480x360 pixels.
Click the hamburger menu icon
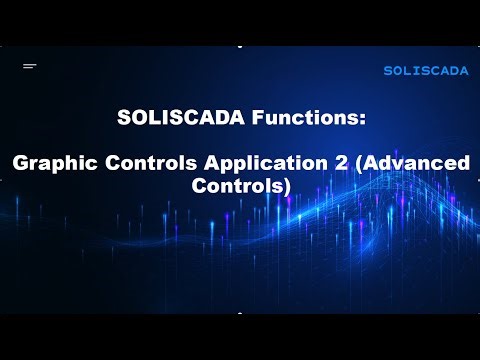click(x=30, y=66)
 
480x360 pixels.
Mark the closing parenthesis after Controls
click(x=287, y=186)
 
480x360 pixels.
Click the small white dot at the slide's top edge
click(x=240, y=46)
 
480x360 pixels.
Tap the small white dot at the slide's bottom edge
click(x=240, y=313)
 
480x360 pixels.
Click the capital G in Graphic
click(x=18, y=163)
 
